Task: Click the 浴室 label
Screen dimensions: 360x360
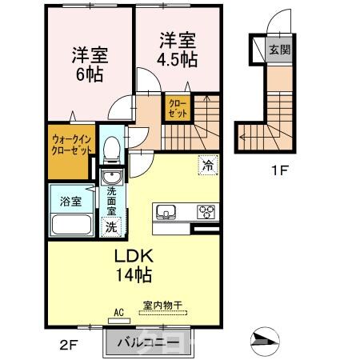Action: (70, 201)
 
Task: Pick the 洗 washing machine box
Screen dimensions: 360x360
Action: (112, 226)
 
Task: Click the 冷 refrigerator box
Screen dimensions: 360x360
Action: (207, 166)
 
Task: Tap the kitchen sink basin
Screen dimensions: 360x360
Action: (167, 212)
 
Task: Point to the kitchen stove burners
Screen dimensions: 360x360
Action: (206, 212)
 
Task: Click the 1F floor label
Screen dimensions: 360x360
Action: (278, 170)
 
